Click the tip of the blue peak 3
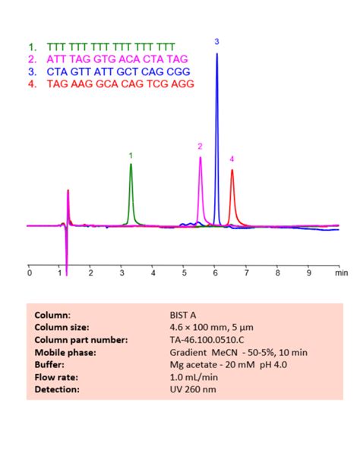(216, 53)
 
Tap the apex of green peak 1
(131, 165)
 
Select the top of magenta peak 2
(201, 158)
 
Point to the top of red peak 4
(232, 170)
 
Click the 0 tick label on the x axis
(29, 272)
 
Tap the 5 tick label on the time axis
(184, 272)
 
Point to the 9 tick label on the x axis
(308, 272)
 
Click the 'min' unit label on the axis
(341, 272)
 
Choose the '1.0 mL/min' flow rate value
(197, 376)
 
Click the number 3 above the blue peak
(216, 40)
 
